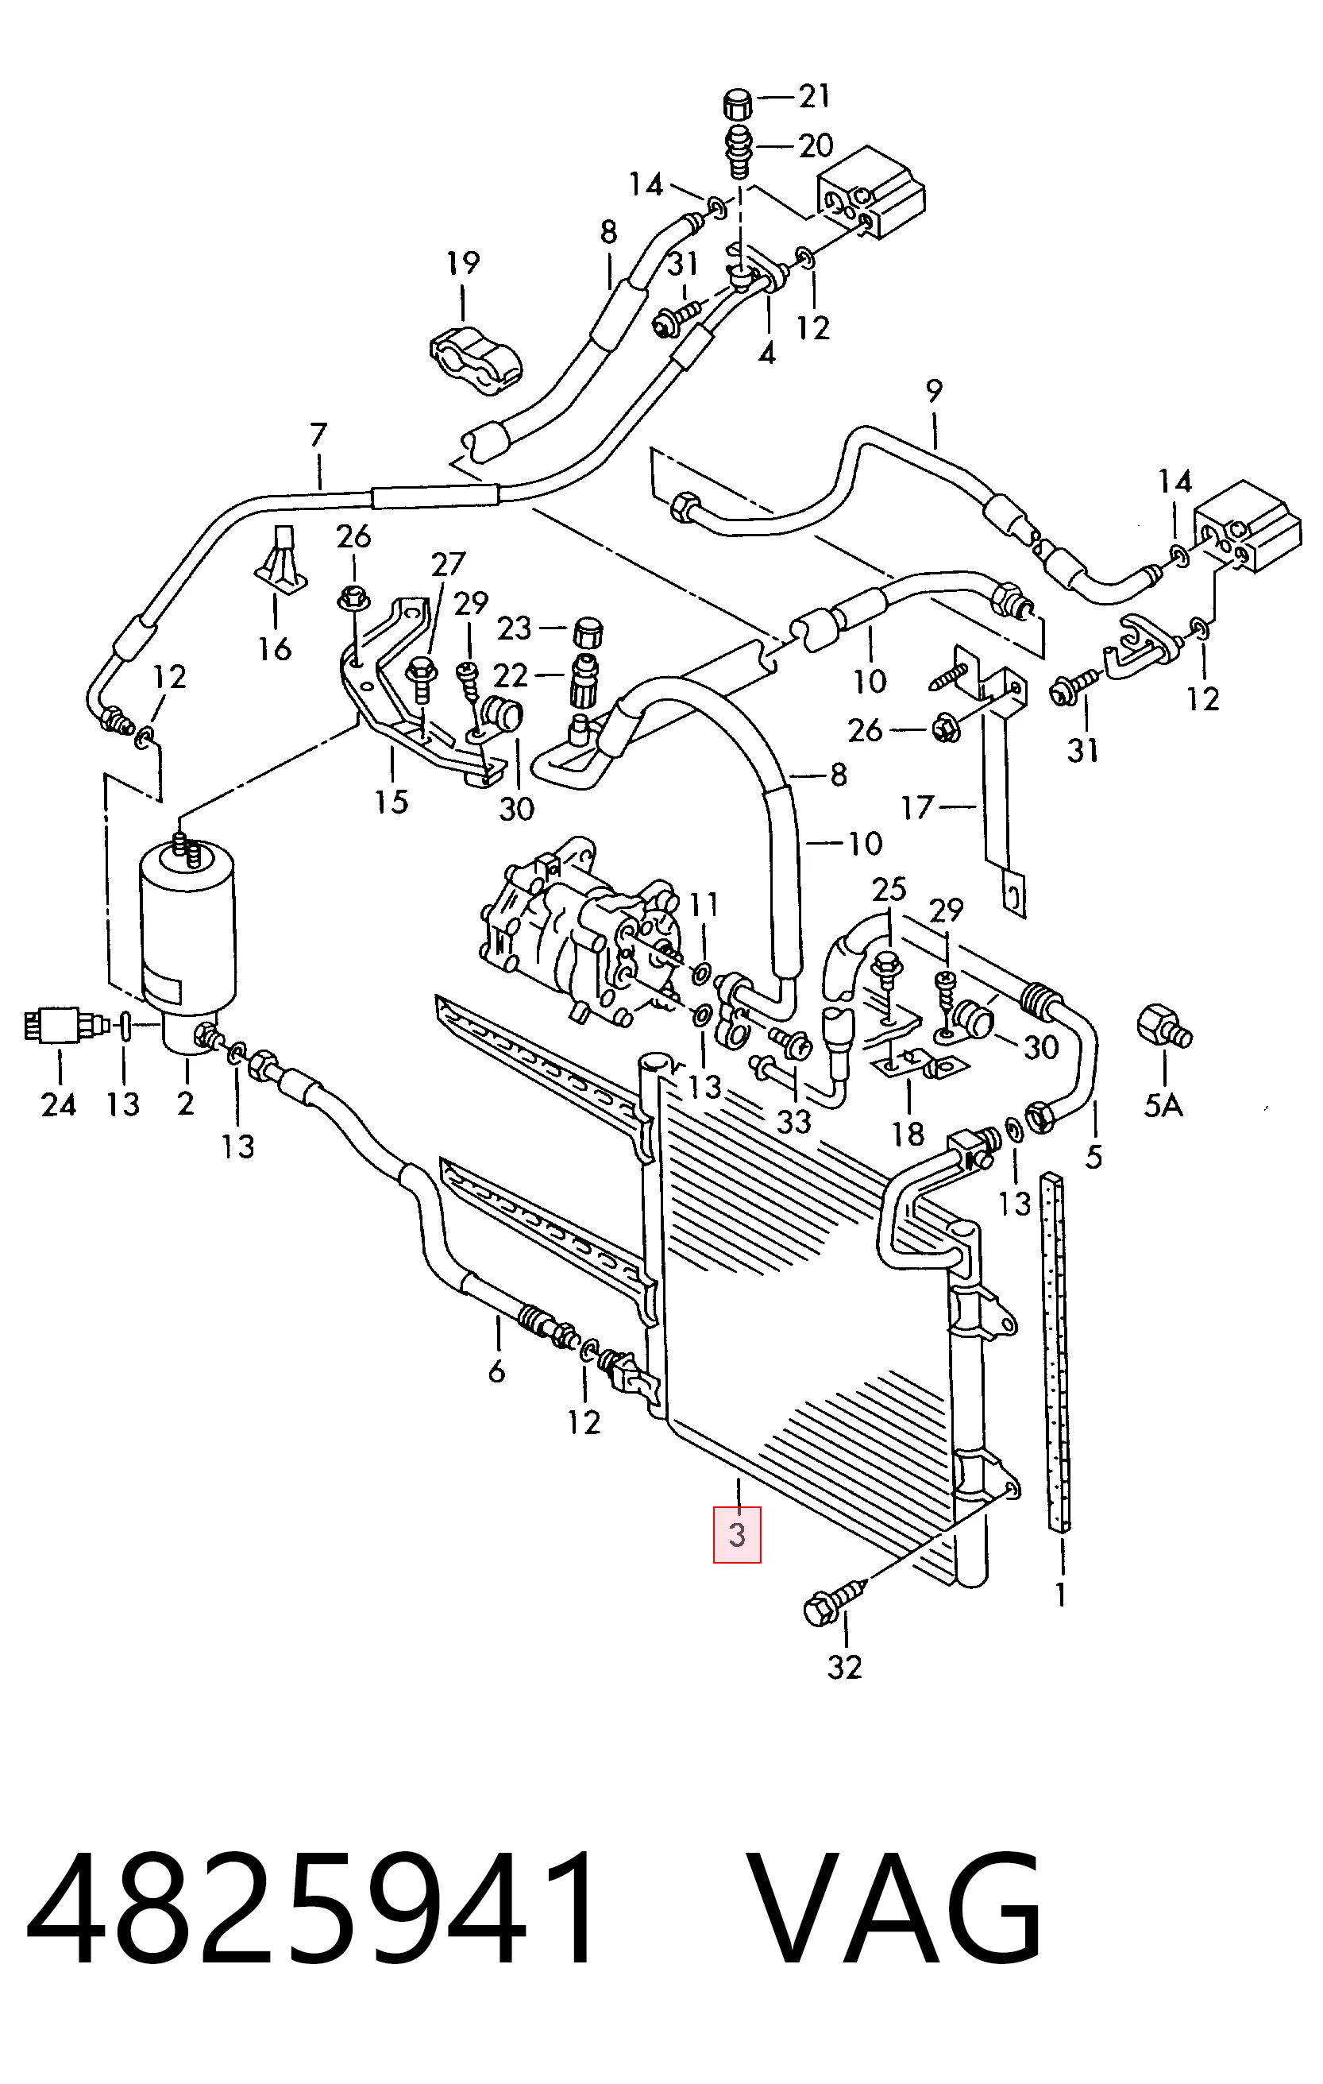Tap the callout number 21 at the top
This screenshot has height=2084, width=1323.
pyautogui.click(x=814, y=96)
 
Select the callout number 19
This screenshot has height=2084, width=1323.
pyautogui.click(x=463, y=263)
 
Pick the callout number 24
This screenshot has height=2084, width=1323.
pyautogui.click(x=59, y=1104)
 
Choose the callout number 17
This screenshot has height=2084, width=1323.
pyautogui.click(x=917, y=808)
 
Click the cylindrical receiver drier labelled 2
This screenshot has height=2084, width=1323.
pyautogui.click(x=187, y=939)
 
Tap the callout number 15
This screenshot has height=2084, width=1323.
pyautogui.click(x=391, y=802)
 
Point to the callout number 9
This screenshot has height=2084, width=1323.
pyautogui.click(x=934, y=391)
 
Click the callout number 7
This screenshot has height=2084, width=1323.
pyautogui.click(x=318, y=434)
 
